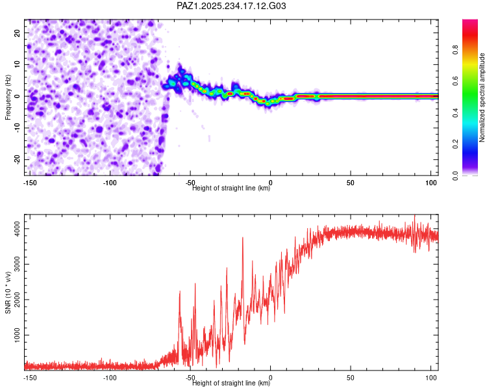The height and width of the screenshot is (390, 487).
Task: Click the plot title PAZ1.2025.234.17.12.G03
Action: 231,6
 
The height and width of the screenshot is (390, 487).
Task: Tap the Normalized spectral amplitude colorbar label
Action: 482,97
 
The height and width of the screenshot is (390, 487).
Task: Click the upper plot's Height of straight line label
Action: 231,188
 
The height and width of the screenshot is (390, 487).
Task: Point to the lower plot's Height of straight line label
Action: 231,383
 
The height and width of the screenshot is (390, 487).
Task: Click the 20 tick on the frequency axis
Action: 18,32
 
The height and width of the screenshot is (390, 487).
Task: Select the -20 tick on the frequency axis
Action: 16,159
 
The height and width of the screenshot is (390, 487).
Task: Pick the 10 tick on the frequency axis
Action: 18,64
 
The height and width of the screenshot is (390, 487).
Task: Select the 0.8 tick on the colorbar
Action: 456,50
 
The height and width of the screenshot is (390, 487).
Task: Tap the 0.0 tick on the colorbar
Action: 456,175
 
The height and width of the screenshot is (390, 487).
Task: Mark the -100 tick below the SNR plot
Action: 109,377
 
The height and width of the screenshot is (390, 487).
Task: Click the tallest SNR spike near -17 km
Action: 243,238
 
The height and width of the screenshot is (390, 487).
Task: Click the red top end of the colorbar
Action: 469,23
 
